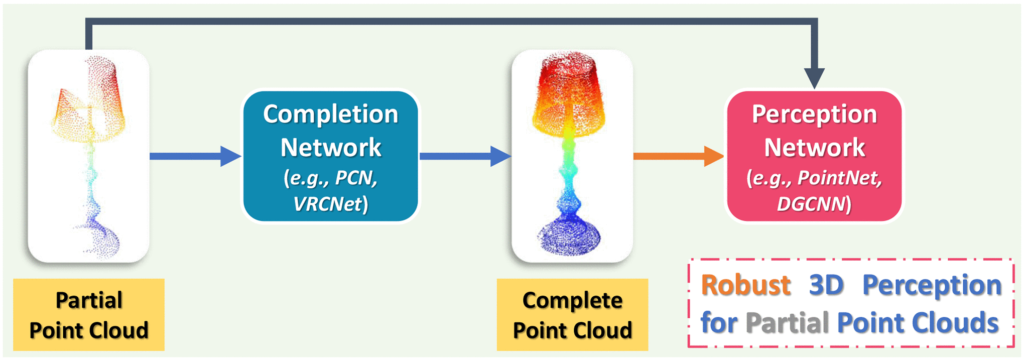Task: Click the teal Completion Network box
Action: pyautogui.click(x=330, y=156)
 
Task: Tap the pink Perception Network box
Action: pyautogui.click(x=814, y=156)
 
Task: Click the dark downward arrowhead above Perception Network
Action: pyautogui.click(x=814, y=78)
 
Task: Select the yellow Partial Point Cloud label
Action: pyautogui.click(x=89, y=315)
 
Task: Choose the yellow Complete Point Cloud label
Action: pyautogui.click(x=572, y=315)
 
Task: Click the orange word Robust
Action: pyautogui.click(x=746, y=285)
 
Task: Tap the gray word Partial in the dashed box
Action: pyautogui.click(x=787, y=322)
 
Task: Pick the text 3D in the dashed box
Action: pyautogui.click(x=826, y=285)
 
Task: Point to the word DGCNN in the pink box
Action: pyautogui.click(x=811, y=204)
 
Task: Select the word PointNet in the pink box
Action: pyautogui.click(x=839, y=178)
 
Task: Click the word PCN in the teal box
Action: pyautogui.click(x=355, y=178)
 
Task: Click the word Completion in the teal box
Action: pyautogui.click(x=330, y=114)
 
